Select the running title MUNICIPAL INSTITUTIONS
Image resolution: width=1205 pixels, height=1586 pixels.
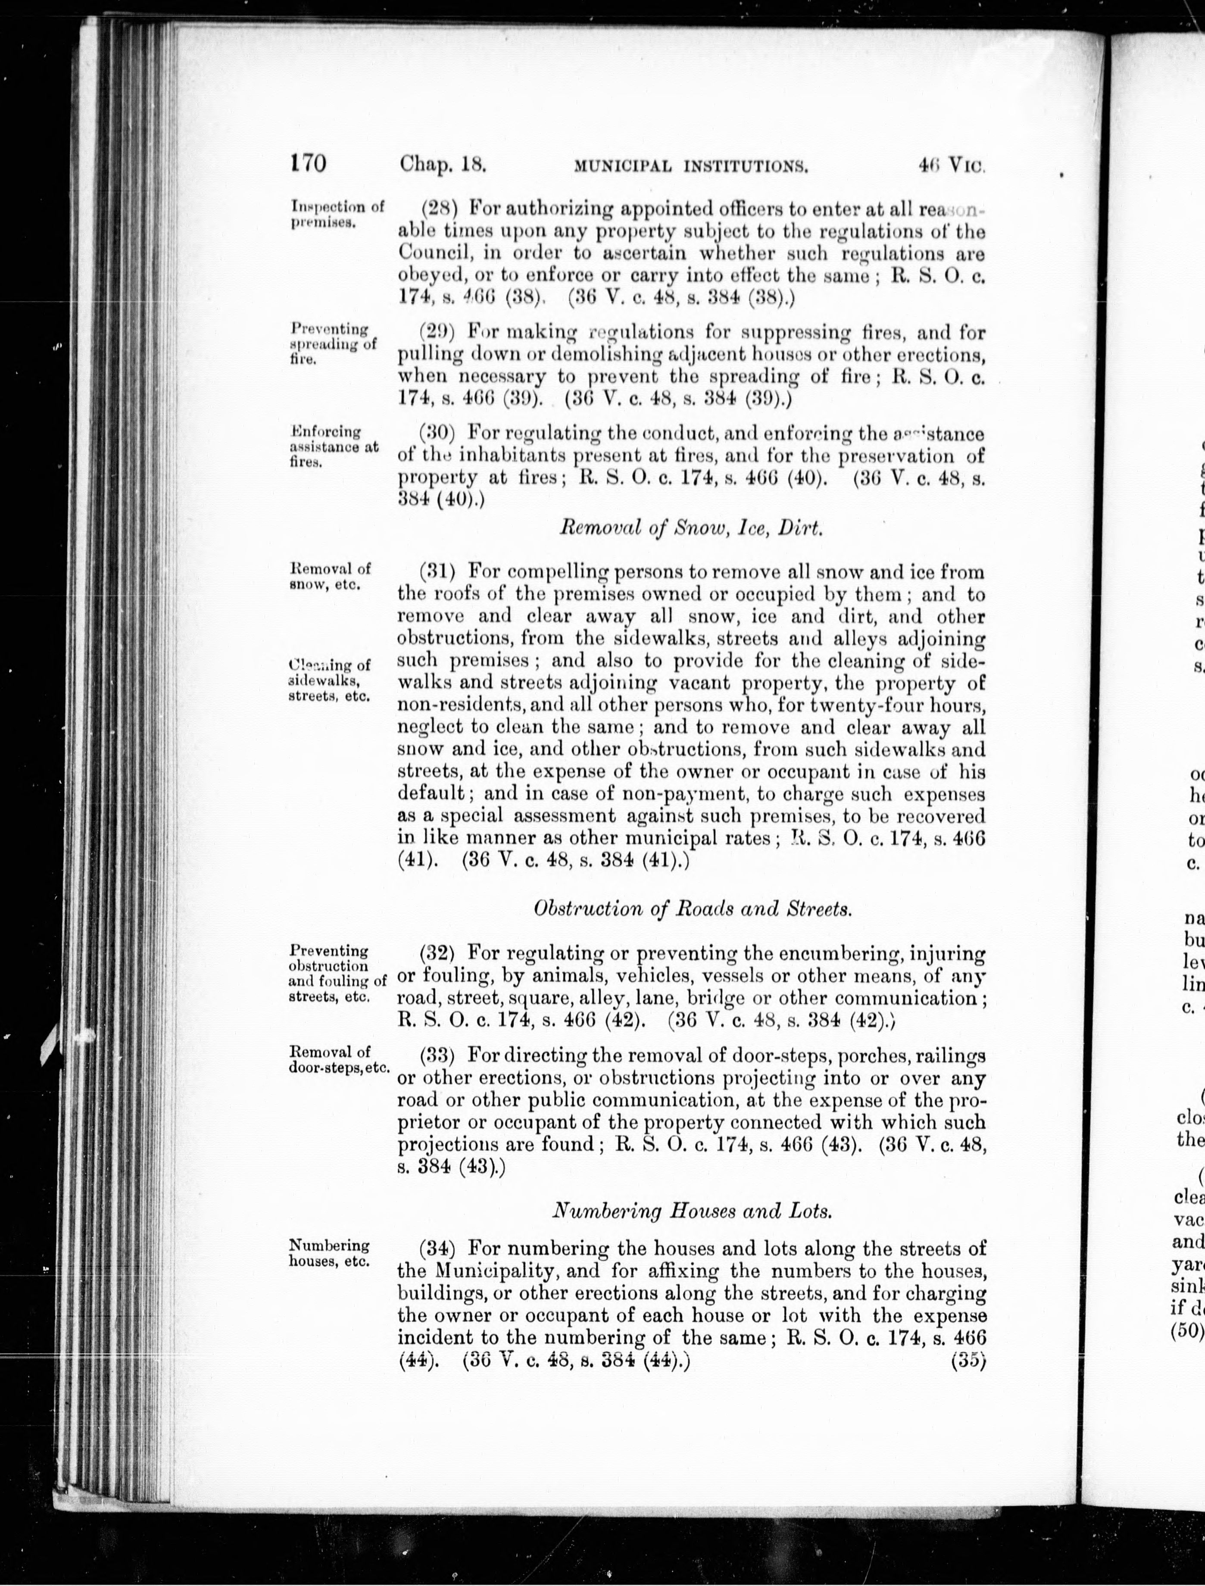coord(691,167)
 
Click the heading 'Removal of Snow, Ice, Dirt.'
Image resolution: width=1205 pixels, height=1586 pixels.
coord(691,529)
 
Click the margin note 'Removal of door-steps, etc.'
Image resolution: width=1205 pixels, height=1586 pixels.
coord(339,1059)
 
